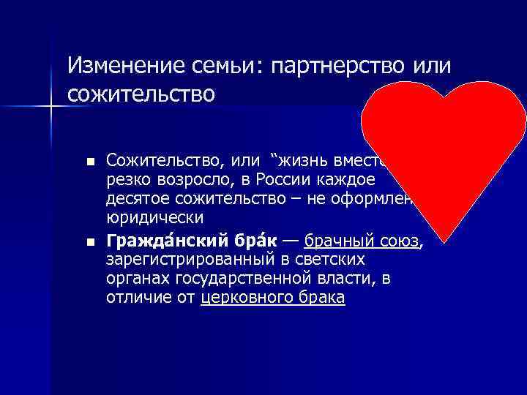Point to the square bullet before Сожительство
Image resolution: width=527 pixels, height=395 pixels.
pyautogui.click(x=89, y=161)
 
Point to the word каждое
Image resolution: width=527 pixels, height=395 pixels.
pyautogui.click(x=351, y=180)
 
